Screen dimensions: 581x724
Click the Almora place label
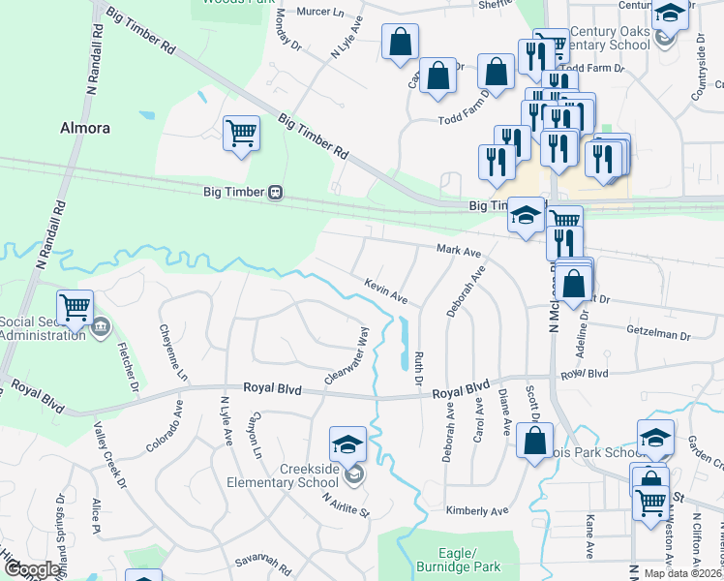(x=85, y=128)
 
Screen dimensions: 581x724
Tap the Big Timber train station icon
(x=276, y=192)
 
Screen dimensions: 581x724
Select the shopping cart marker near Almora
(x=241, y=133)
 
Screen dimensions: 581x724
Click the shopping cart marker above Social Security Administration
(x=75, y=306)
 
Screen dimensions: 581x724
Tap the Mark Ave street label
(x=459, y=251)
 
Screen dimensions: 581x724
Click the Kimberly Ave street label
(x=476, y=510)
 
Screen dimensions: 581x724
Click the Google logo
(x=32, y=569)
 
